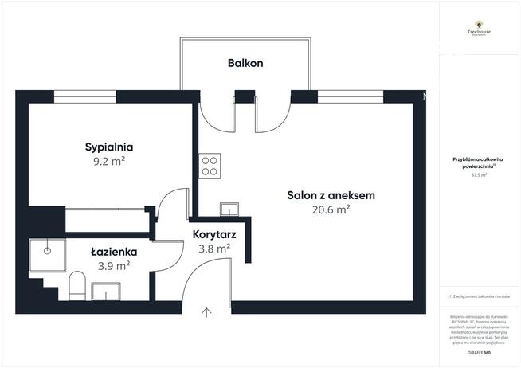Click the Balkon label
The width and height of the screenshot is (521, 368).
tap(245, 62)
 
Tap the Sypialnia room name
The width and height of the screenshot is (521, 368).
tap(109, 147)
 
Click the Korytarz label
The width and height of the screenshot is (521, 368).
tap(212, 234)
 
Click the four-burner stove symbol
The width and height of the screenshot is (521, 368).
tap(210, 166)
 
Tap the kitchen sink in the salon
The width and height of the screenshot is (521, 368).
tap(229, 209)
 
